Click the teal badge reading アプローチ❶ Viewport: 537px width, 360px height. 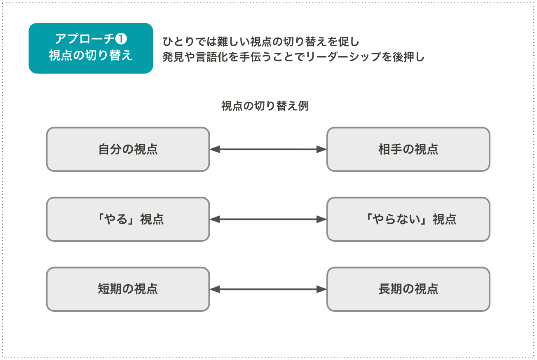(x=91, y=48)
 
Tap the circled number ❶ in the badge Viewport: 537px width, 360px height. (x=122, y=39)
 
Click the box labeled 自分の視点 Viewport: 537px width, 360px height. (x=128, y=149)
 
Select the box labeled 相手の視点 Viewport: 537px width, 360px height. (x=408, y=149)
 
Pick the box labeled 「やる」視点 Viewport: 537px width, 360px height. (x=128, y=219)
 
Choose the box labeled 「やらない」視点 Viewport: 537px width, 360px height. (x=408, y=219)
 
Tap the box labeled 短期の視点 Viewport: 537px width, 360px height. (x=128, y=289)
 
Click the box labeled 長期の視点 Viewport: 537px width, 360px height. (x=408, y=289)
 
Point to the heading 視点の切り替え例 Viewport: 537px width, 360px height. (x=265, y=106)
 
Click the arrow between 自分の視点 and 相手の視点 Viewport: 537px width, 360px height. (x=268, y=150)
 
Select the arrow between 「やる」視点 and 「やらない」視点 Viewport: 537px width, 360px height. (x=268, y=220)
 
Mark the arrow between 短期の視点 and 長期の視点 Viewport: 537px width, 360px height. (x=268, y=290)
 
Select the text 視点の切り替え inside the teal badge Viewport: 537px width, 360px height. (x=91, y=56)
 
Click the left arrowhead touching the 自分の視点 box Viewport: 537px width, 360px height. (x=214, y=150)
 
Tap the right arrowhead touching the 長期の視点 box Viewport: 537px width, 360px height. (x=322, y=290)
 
